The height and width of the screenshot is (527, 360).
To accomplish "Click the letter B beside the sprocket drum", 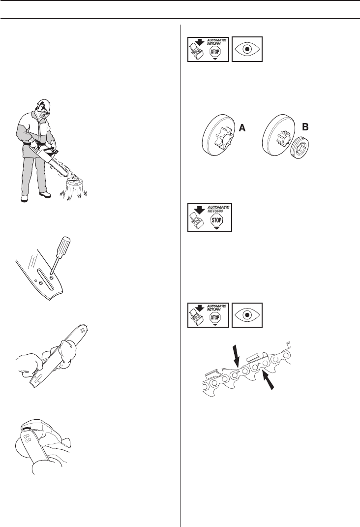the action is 305,127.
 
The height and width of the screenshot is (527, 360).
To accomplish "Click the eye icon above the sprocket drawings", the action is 248,49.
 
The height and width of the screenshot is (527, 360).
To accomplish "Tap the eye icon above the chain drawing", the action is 248,315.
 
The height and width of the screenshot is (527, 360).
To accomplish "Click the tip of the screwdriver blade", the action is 53,268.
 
